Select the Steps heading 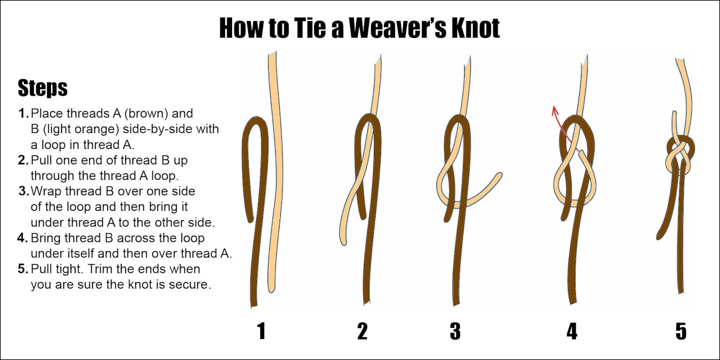[x=43, y=88]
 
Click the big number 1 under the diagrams [x=261, y=331]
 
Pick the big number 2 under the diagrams [x=362, y=331]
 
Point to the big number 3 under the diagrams [x=455, y=331]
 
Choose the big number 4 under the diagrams [x=572, y=331]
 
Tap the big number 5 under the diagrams [x=681, y=331]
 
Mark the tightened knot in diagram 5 [x=681, y=155]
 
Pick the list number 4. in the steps [x=23, y=238]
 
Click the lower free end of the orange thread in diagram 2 [x=343, y=241]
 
